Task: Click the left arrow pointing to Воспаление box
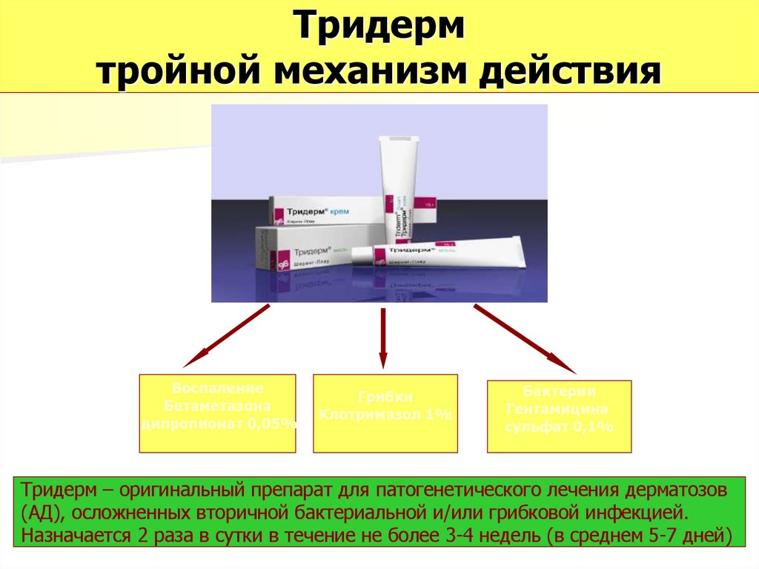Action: pyautogui.click(x=225, y=338)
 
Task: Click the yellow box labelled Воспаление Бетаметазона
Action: pyautogui.click(x=217, y=413)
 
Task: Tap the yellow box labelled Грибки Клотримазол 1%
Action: pyautogui.click(x=385, y=413)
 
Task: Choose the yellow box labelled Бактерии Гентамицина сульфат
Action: pyautogui.click(x=559, y=416)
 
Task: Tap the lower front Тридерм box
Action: pyautogui.click(x=304, y=252)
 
